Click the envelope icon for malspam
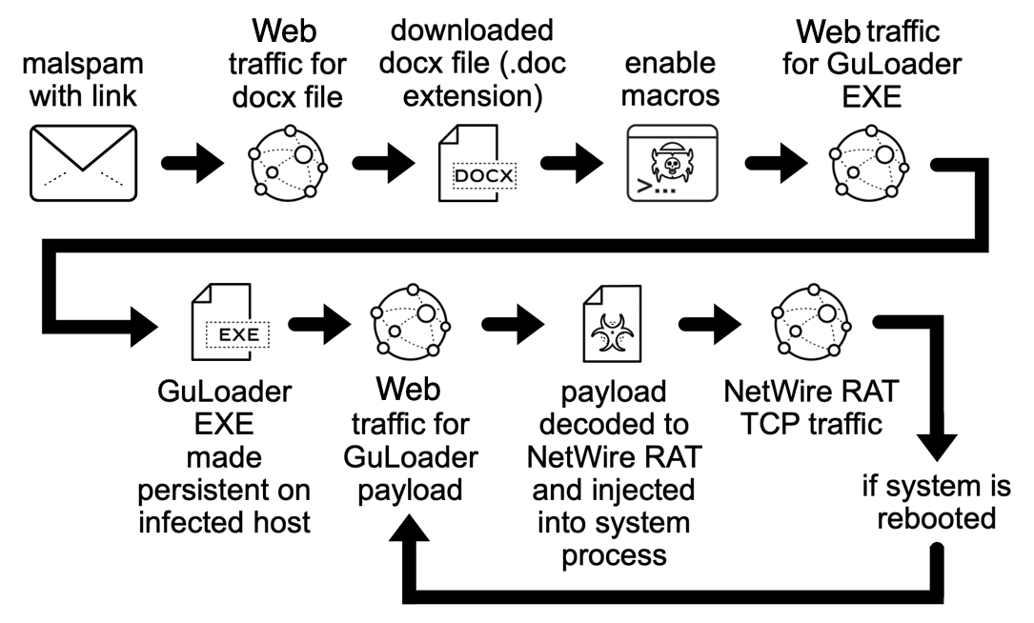click(x=83, y=163)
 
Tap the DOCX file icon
click(x=476, y=163)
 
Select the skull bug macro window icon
click(x=672, y=163)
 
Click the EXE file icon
click(x=230, y=322)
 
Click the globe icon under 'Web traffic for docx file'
click(x=288, y=163)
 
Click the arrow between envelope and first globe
click(x=193, y=163)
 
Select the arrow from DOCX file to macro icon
click(x=573, y=163)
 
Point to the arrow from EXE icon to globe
click(x=320, y=324)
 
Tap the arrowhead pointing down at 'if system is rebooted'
click(x=936, y=447)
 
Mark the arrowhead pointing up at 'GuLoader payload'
click(x=410, y=528)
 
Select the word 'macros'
click(x=670, y=96)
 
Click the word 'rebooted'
click(x=937, y=518)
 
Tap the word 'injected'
click(x=644, y=491)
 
